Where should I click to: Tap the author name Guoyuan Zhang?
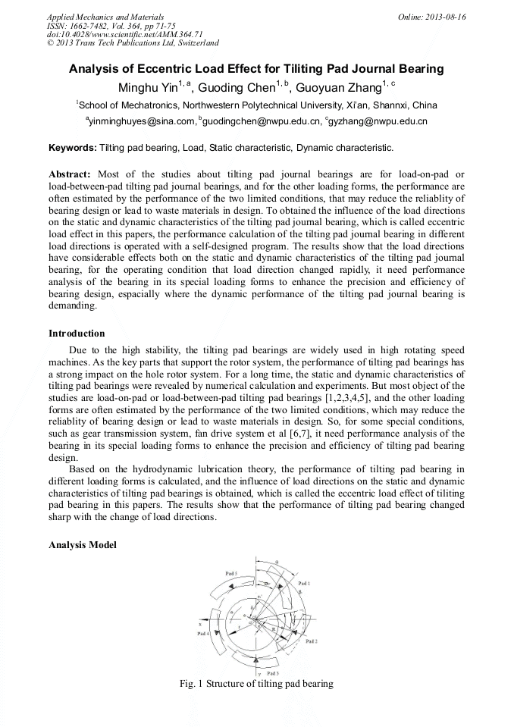click(x=343, y=86)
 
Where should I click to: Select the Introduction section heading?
click(x=77, y=333)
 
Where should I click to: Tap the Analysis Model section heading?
click(x=83, y=545)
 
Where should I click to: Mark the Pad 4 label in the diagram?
click(x=204, y=633)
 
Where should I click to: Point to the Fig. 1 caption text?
click(x=256, y=684)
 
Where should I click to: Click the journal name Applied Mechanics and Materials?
click(x=105, y=17)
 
